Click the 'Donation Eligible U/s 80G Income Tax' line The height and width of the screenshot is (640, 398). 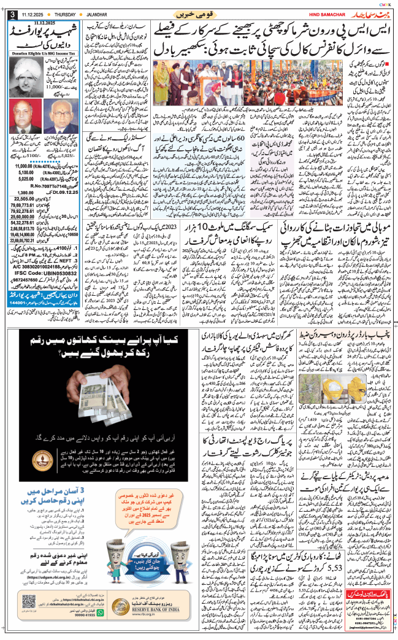[45, 54]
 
